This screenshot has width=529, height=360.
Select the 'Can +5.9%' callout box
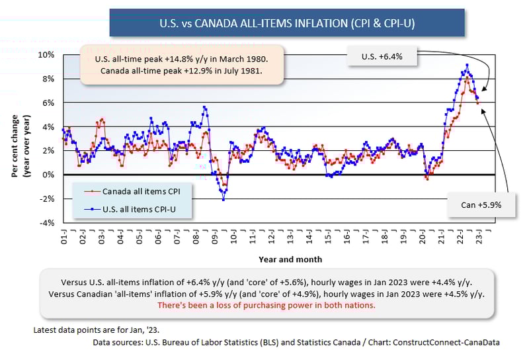click(x=481, y=204)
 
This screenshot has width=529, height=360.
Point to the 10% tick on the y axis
click(x=47, y=54)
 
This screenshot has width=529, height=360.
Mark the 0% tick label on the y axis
click(x=49, y=175)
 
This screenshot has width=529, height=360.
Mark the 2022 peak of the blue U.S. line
click(x=468, y=65)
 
